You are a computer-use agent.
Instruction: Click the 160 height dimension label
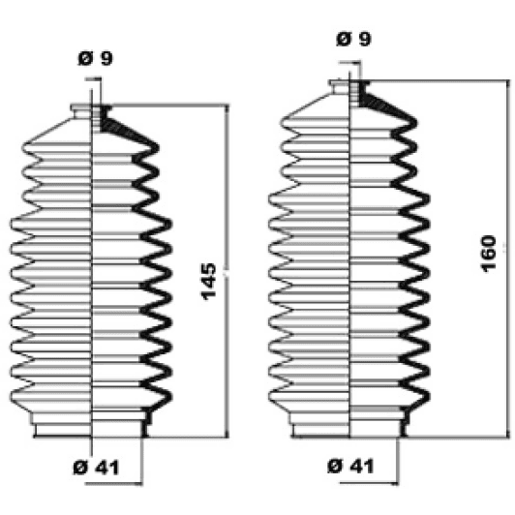[x=489, y=255]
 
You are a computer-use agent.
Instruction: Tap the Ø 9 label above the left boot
[x=95, y=58]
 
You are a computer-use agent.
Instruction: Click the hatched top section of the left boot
[x=113, y=122]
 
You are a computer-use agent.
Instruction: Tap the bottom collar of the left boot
[x=91, y=427]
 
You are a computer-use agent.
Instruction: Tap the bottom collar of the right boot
[x=349, y=424]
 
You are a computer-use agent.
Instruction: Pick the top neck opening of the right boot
[x=349, y=87]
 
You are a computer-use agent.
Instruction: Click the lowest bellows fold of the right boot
[x=348, y=394]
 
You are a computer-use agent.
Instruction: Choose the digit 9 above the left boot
[x=106, y=58]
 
